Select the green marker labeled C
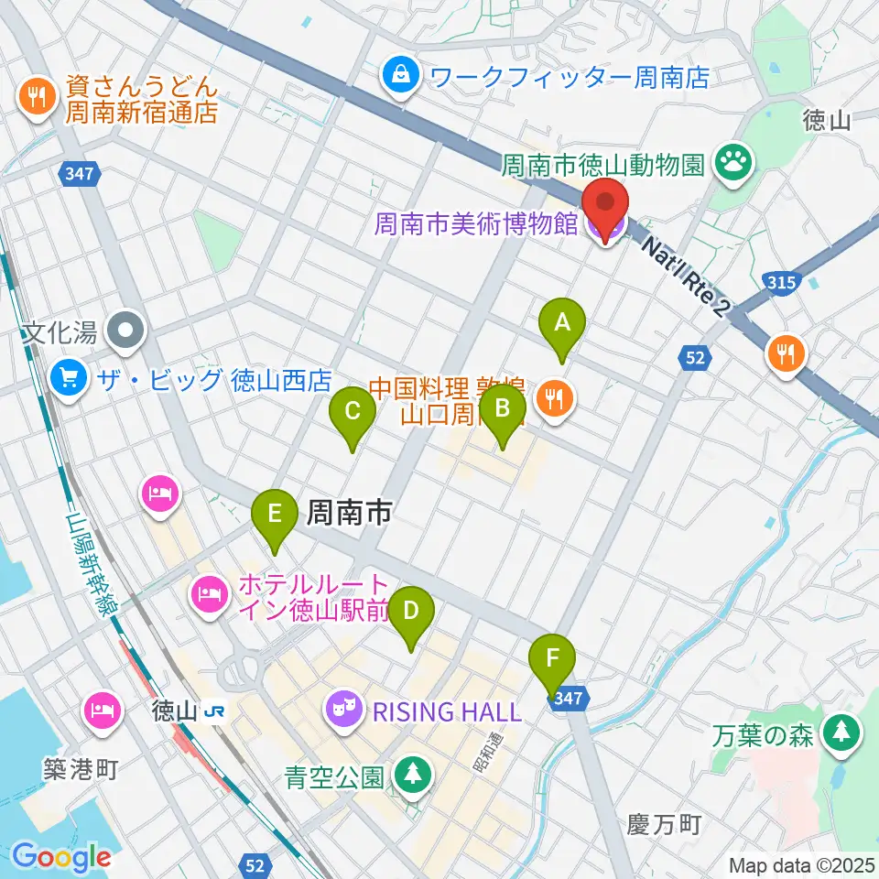[x=352, y=414]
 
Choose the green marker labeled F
[x=553, y=660]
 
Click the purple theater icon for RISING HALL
[x=344, y=711]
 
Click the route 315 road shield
[x=780, y=282]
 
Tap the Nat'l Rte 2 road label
[x=685, y=275]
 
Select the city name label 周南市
[x=348, y=513]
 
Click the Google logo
[x=61, y=856]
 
